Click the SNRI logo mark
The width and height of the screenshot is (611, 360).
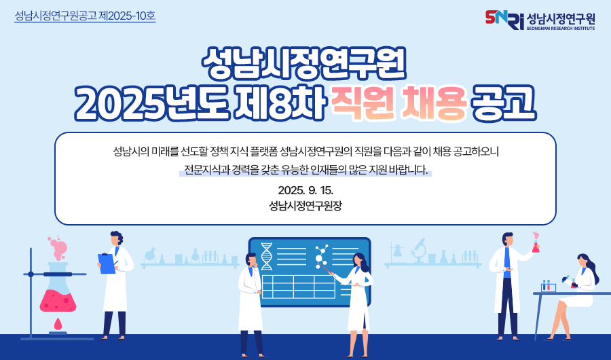point(504,20)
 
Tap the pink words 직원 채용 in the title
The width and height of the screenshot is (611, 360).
point(399,103)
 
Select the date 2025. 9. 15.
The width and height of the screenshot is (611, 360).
point(305,190)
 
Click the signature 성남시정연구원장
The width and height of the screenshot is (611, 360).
point(305,206)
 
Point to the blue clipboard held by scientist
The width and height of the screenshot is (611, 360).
point(106,264)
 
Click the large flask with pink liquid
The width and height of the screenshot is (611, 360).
point(58,288)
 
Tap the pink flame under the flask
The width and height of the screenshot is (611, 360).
point(58,324)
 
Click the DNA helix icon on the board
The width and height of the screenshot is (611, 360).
point(267,256)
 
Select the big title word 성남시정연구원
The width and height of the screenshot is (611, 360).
point(304,64)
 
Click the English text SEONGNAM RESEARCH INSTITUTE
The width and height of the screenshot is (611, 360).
point(561,29)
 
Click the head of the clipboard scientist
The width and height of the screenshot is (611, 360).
point(116,238)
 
